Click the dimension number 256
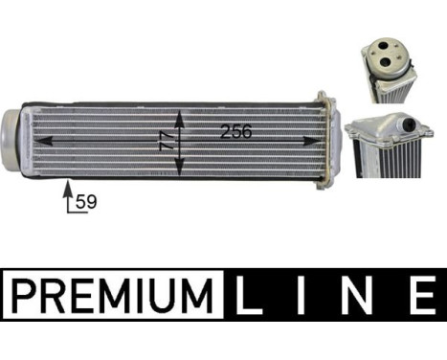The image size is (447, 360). pyautogui.click(x=235, y=132)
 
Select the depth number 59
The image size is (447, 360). pyautogui.click(x=86, y=202)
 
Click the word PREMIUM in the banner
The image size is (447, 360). pyautogui.click(x=113, y=295)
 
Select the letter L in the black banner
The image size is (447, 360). pyautogui.click(x=252, y=295)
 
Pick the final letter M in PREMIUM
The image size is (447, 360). pyautogui.click(x=199, y=295)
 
